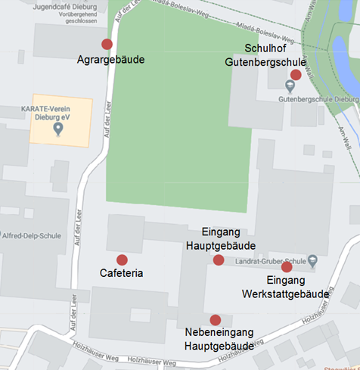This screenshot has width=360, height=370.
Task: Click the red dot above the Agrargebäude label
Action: (107, 44)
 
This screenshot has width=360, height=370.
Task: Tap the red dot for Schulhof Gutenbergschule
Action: (296, 75)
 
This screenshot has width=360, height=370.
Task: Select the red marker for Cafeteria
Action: (122, 260)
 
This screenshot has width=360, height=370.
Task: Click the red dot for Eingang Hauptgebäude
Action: (219, 260)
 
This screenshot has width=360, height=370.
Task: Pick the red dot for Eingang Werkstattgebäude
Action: (287, 266)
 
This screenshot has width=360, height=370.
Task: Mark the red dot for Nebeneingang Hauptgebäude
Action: (216, 320)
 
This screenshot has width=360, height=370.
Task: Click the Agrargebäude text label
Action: (111, 59)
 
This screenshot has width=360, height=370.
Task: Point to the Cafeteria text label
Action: (122, 273)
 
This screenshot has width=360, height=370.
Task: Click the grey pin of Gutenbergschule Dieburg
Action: (290, 86)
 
